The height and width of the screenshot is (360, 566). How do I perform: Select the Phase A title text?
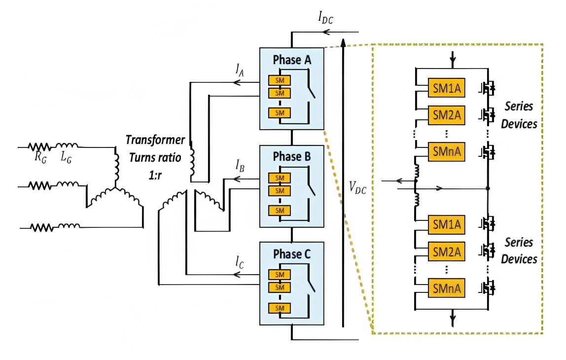291,60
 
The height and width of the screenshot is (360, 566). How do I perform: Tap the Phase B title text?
291,157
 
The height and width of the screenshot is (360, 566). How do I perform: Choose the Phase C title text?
291,254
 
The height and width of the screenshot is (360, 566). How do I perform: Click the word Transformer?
155,140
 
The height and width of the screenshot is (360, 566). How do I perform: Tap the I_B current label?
240,165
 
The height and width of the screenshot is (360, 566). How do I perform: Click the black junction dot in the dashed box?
487,188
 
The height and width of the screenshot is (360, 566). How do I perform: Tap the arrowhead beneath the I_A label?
236,83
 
